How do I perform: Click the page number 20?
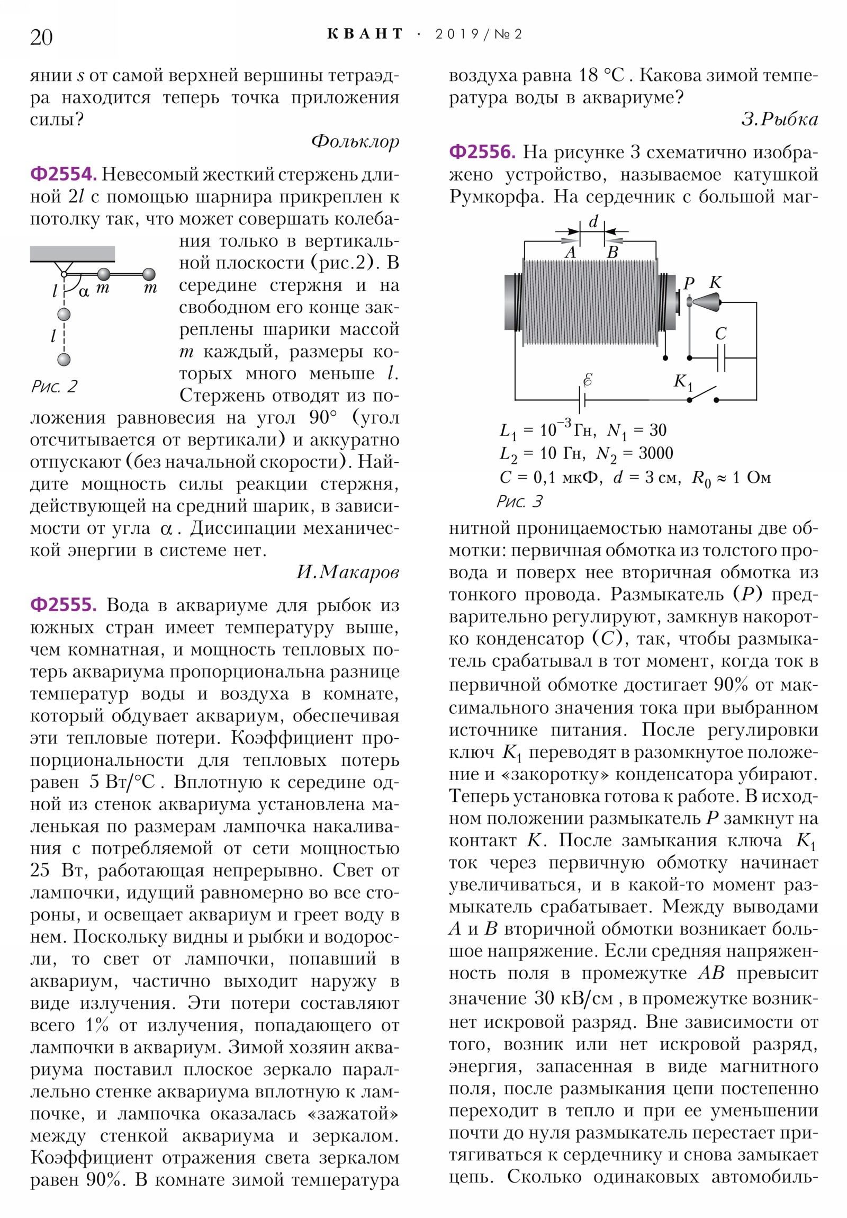coord(41,37)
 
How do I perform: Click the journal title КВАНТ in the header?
coord(365,34)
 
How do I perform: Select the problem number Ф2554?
coord(63,174)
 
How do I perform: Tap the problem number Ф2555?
coord(63,605)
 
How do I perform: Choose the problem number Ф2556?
coord(482,153)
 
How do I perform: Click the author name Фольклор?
coord(355,141)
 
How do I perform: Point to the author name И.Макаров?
coord(347,572)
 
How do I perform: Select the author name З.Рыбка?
coord(779,119)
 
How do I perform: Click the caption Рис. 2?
coord(54,386)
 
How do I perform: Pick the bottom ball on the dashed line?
coord(64,360)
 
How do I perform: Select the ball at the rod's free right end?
coord(149,274)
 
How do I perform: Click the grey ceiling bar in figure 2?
coord(72,254)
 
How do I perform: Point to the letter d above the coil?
coord(593,222)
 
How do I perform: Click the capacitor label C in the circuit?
coord(720,334)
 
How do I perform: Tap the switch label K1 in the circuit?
coord(683,382)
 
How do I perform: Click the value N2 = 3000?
coord(634,453)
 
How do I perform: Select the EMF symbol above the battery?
coord(587,379)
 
